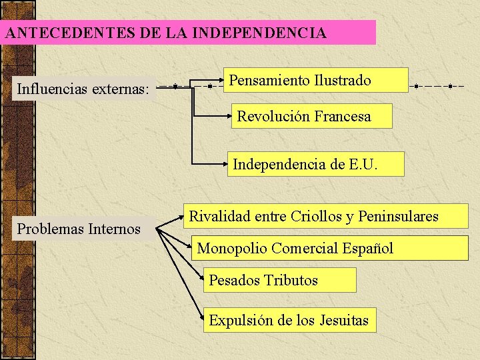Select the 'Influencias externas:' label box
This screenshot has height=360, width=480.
tap(83, 88)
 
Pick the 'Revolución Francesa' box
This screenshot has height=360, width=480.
tap(312, 116)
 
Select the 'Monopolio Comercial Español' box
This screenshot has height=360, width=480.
tap(330, 248)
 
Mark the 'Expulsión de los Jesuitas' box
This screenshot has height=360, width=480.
tap(289, 320)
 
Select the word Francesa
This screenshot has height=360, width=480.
tap(343, 116)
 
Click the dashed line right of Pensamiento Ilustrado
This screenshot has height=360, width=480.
tap(440, 86)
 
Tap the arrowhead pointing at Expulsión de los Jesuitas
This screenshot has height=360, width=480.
tap(202, 321)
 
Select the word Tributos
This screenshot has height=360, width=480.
tap(291, 280)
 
